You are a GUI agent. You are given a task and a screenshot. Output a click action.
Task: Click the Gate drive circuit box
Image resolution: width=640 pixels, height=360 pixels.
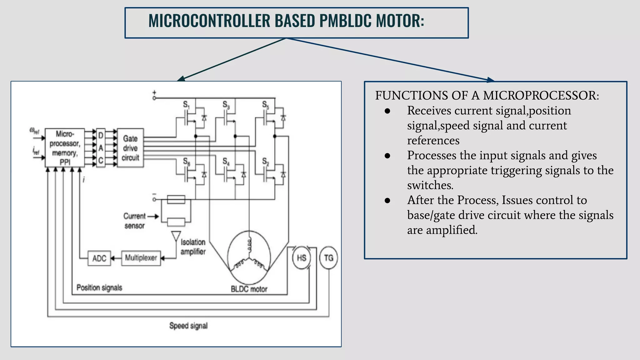(130, 148)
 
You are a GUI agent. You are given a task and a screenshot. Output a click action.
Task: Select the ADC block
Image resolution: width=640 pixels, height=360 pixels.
(99, 258)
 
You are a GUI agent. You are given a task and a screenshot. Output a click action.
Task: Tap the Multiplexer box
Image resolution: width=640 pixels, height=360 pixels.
(141, 258)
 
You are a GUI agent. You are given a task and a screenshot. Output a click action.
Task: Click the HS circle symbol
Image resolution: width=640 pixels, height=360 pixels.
(301, 258)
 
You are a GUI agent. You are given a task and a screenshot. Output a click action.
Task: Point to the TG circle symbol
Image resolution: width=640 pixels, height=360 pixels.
(328, 258)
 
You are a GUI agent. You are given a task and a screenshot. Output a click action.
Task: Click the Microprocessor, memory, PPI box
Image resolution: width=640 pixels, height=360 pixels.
(65, 148)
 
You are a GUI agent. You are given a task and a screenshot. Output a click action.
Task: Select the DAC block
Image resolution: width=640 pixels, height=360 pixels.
(101, 148)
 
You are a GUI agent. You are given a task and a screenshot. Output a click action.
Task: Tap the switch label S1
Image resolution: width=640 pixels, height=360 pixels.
(186, 105)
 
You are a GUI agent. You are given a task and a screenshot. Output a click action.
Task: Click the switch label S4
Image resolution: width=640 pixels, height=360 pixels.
(226, 162)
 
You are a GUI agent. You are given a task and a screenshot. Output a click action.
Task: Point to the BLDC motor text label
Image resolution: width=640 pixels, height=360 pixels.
(249, 289)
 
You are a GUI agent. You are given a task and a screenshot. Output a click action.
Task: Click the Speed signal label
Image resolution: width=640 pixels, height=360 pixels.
(188, 326)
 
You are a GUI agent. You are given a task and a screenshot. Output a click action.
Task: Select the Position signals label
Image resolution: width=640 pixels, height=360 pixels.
(99, 287)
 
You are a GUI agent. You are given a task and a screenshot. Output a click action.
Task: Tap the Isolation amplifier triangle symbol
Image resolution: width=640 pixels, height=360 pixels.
(176, 236)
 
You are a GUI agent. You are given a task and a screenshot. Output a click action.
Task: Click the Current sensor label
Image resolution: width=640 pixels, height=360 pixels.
(134, 221)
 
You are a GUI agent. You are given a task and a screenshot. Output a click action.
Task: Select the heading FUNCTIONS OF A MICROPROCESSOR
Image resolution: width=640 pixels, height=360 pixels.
(487, 95)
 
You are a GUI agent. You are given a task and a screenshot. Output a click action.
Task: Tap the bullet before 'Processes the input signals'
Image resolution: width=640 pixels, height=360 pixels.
(387, 156)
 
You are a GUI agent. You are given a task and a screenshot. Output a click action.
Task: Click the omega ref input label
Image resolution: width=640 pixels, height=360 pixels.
(34, 131)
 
